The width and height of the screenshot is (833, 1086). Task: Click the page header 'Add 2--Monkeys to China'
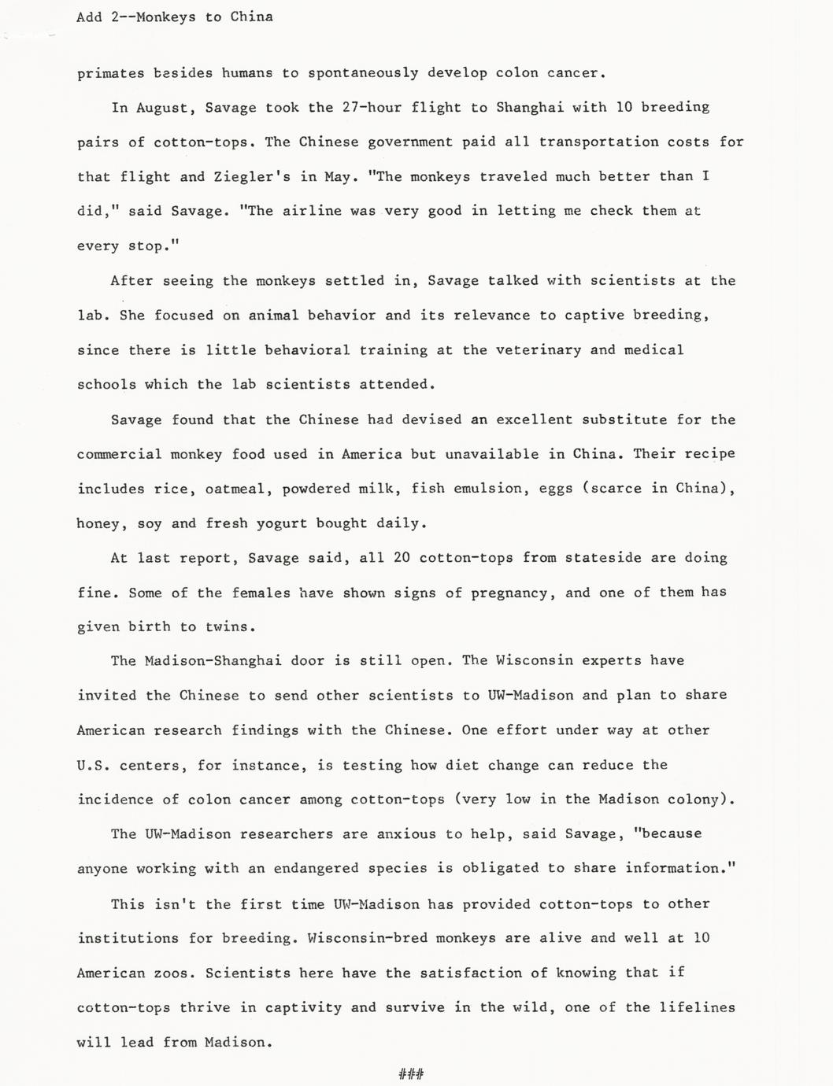coord(175,17)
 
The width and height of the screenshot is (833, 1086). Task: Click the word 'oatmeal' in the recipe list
coord(239,489)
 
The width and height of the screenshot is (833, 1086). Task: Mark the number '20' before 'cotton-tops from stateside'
coord(402,558)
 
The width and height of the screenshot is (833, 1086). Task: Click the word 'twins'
coord(231,627)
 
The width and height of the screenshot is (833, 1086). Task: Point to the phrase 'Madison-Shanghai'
coord(213,661)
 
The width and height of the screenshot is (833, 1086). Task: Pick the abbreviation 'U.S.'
coord(93,765)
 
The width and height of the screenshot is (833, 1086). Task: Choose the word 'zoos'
coord(171,973)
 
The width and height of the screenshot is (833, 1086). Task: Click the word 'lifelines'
coord(696,1007)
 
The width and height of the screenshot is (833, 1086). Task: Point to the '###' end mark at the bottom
coord(411,1073)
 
